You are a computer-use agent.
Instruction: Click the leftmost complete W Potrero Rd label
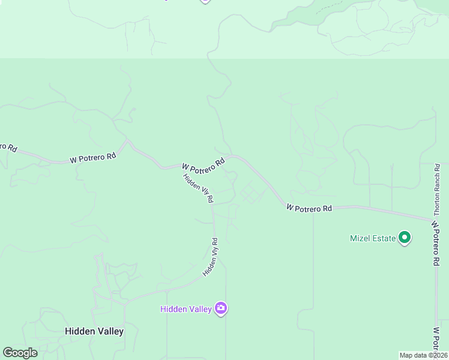click(x=92, y=158)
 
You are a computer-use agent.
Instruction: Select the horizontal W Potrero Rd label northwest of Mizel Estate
click(x=309, y=208)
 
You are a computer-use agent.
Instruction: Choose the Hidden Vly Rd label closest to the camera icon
click(x=211, y=257)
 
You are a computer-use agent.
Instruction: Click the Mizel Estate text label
click(x=373, y=238)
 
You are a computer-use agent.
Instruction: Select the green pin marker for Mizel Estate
click(x=405, y=238)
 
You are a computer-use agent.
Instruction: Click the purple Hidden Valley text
click(x=185, y=309)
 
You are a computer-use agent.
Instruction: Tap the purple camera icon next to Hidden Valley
click(x=221, y=308)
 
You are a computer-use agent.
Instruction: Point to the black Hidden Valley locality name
click(x=94, y=331)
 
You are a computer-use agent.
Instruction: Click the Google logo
click(x=20, y=353)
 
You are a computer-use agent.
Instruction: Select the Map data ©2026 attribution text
click(x=423, y=355)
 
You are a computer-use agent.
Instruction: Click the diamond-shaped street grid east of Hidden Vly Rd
click(x=251, y=194)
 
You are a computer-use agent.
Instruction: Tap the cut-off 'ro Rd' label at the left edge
click(x=8, y=146)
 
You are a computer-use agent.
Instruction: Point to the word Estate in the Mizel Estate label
click(x=384, y=238)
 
